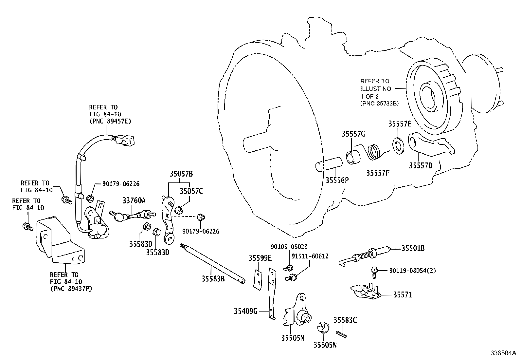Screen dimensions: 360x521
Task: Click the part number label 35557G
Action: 353,134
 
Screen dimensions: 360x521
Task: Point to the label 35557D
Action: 420,166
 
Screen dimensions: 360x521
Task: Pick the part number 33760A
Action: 134,200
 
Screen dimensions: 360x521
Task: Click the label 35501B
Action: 413,249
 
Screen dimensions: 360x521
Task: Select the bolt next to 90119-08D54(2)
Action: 374,270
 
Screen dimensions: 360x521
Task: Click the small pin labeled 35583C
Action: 341,333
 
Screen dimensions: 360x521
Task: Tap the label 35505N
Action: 325,345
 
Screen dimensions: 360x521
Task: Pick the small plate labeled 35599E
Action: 258,279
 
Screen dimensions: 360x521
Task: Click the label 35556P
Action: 337,180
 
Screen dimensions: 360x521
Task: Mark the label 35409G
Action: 245,311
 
